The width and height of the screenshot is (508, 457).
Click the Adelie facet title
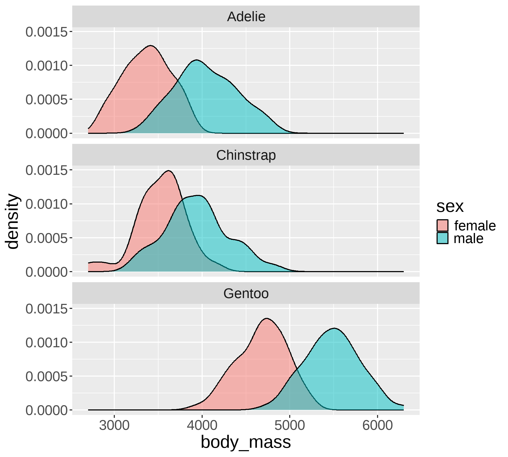tap(246, 17)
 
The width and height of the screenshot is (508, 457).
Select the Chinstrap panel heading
tap(246, 155)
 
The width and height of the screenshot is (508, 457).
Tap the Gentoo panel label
tap(246, 294)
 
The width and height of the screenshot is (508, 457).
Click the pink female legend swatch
tap(442, 226)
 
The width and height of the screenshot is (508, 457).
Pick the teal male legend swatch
tap(442, 238)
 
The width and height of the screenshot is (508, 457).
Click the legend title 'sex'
tap(450, 206)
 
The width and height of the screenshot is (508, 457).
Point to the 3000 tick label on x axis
tap(114, 426)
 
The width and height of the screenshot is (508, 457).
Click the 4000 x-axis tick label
tap(202, 426)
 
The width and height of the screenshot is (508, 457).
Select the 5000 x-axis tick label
tap(290, 426)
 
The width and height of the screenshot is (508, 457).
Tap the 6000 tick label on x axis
tap(377, 426)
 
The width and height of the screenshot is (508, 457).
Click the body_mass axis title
tap(246, 442)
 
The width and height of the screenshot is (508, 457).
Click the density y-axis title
tap(12, 221)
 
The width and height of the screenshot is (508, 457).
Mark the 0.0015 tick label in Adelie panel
tap(47, 32)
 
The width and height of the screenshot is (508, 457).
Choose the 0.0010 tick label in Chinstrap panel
tap(47, 204)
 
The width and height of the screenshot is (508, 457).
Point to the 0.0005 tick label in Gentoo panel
tap(47, 377)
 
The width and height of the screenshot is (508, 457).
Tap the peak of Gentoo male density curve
tap(334, 328)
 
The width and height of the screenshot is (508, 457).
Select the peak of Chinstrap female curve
tap(169, 171)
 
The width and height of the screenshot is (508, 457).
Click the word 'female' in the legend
tap(475, 226)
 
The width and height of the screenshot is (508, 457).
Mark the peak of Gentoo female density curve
tap(267, 318)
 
